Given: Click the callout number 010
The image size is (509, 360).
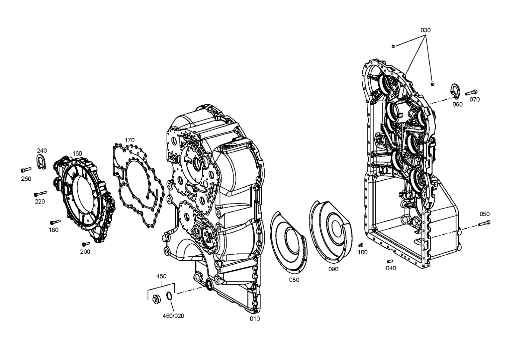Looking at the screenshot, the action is tap(255, 319).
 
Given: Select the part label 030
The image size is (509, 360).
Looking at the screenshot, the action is tap(425, 30).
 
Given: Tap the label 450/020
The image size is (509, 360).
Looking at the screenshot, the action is tap(173, 316).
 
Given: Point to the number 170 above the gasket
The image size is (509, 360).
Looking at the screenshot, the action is tap(129, 140).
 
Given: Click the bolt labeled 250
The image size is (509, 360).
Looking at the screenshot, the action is tap(26, 170).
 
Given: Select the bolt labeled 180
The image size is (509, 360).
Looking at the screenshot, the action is tap(55, 221).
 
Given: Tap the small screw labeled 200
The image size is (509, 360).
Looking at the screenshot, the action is tap(86, 244).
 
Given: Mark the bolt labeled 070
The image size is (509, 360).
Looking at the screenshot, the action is tap(471, 93).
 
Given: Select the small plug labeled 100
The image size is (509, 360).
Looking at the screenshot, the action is tap(361, 245).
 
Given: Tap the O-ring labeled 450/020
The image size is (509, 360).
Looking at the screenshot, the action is tap(169, 296).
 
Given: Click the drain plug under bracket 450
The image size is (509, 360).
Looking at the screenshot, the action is tap(157, 298).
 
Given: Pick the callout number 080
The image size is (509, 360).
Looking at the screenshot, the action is tap(294, 280).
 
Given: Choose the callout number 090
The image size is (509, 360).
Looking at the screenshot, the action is tap(333, 269).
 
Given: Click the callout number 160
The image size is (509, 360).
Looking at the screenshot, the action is tap(77, 154).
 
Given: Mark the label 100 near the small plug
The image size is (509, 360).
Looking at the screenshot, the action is tap(362, 252).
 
